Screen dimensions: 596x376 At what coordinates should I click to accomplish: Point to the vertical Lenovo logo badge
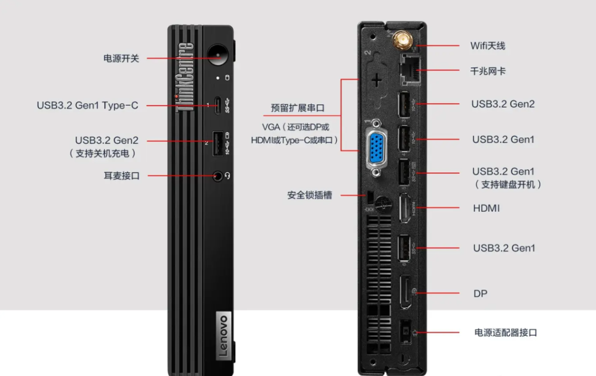click(222, 337)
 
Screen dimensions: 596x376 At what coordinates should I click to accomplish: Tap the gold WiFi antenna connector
click(401, 40)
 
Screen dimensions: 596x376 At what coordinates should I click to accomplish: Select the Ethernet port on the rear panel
click(409, 69)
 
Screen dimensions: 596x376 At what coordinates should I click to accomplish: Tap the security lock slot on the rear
click(371, 195)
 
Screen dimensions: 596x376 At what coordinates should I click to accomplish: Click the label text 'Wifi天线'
click(487, 46)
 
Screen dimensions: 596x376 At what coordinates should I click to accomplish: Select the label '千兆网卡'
click(488, 71)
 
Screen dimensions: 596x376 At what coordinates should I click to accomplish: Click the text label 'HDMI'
click(486, 208)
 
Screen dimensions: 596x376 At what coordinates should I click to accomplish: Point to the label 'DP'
click(480, 293)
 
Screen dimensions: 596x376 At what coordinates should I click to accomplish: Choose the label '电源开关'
click(121, 58)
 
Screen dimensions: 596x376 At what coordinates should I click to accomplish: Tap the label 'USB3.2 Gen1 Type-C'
click(87, 105)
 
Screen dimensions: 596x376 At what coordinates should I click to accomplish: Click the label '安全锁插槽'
click(310, 195)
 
